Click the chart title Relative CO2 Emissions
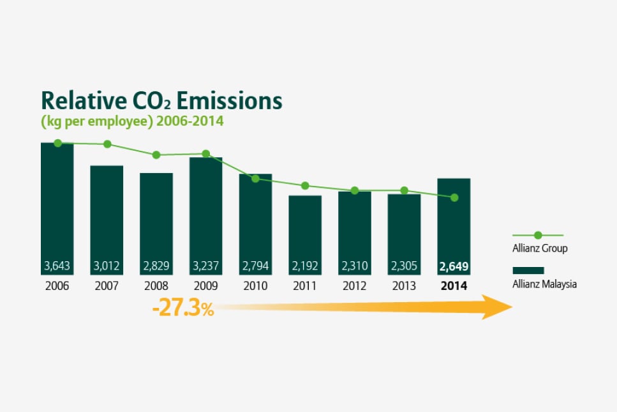coord(161,101)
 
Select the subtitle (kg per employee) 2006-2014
coord(132,121)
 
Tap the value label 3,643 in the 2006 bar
coord(57,266)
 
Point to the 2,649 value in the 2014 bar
coord(454,266)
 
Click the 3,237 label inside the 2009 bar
coord(205,266)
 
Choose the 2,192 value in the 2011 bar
coord(305,266)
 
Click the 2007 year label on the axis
coord(107,286)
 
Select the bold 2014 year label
coord(454,286)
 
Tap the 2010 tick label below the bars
coord(255,286)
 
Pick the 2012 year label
coord(354,286)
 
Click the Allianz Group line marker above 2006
coord(57,143)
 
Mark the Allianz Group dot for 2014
coord(454,197)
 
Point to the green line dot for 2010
coord(255,178)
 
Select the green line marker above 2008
coord(156,155)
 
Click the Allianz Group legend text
coord(540,248)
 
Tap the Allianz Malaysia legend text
coord(544,284)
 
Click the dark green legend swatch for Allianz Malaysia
coord(528,270)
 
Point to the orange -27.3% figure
coord(182,310)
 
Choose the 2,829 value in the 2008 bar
coord(156,266)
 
